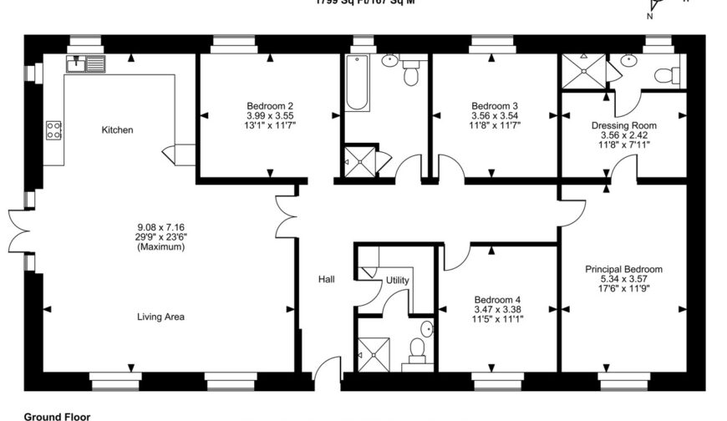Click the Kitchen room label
[x=117, y=129]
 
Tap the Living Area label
[x=161, y=317]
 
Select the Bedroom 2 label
[x=270, y=105]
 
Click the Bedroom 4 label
[x=497, y=300]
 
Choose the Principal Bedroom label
[x=624, y=269]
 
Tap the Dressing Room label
[x=620, y=124]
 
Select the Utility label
[x=397, y=281]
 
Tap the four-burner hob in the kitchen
[x=53, y=129]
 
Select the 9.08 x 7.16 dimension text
[x=160, y=226]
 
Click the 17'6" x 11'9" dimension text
[x=624, y=289]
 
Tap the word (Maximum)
[x=160, y=246]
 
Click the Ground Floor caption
[x=57, y=415]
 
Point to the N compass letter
[x=650, y=16]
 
